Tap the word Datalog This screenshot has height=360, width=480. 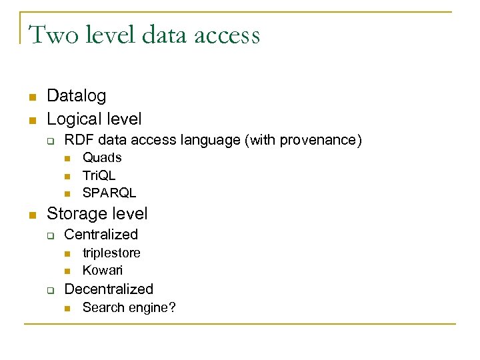pos(76,96)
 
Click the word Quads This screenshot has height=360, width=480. pos(102,157)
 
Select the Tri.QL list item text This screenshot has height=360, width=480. pos(99,175)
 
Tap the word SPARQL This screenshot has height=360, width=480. pos(109,193)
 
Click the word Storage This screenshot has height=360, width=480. pos(75,214)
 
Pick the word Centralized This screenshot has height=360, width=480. pos(101,235)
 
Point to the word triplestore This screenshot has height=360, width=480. pos(111,253)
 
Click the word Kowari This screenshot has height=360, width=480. pos(103,270)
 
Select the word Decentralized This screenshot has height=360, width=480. pos(109,289)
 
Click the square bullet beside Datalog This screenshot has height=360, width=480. pos(31,97)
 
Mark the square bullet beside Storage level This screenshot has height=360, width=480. pos(31,215)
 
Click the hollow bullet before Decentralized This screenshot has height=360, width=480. pos(49,290)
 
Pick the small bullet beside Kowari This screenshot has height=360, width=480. pos(67,271)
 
